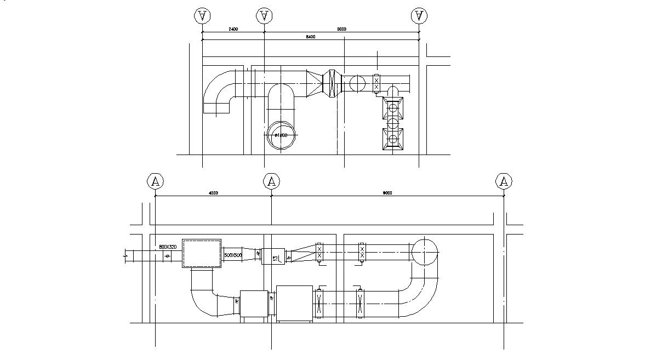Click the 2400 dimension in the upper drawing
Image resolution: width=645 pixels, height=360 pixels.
[x=233, y=30]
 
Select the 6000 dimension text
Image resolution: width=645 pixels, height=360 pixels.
[x=341, y=30]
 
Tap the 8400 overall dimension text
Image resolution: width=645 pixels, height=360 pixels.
[x=311, y=37]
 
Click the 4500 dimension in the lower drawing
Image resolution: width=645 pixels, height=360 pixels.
[x=214, y=193]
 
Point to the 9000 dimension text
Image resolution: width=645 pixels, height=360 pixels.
[x=387, y=193]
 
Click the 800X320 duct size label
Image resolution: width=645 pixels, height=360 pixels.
[x=168, y=247]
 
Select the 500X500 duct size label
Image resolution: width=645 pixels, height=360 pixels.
[x=233, y=255]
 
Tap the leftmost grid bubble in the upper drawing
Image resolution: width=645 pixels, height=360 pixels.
[x=202, y=16]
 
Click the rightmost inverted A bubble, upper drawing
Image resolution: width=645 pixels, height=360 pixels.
[x=419, y=16]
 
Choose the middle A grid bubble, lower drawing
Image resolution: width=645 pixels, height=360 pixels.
[x=271, y=181]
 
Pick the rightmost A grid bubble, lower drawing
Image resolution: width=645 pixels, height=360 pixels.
[x=504, y=181]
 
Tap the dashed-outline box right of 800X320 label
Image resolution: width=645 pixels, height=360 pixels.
[x=201, y=253]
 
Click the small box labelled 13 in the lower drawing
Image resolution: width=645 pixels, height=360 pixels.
[x=272, y=256]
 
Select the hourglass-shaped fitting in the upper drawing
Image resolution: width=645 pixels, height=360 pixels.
[x=331, y=84]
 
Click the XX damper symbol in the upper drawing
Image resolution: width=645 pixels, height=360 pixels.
[x=376, y=84]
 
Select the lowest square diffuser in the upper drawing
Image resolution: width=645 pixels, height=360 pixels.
[x=393, y=139]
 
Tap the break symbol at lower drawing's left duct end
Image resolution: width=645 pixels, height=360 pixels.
[x=127, y=255]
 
